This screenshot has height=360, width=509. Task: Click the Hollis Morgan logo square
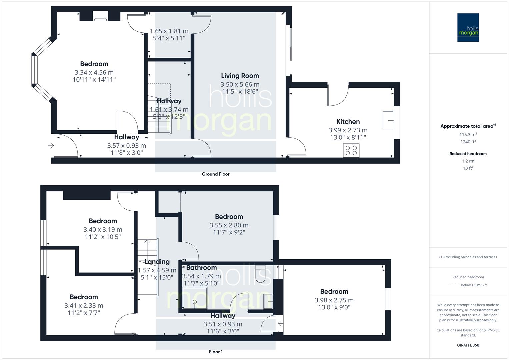pos(468,27)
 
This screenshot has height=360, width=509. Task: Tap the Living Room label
pos(240,76)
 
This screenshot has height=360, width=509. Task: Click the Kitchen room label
pos(348,122)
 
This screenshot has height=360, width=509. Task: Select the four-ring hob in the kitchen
pos(351,150)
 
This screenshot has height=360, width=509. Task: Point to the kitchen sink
pos(388,120)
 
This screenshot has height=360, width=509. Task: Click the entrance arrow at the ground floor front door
pos(51,146)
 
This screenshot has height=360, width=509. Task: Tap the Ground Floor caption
pos(216,174)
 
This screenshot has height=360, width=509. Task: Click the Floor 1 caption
pos(216,352)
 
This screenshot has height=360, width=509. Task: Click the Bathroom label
pos(201,268)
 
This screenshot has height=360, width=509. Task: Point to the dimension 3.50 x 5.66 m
pos(240,85)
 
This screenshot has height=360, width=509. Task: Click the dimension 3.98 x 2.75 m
pos(334,300)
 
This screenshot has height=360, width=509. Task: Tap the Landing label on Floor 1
pos(157,262)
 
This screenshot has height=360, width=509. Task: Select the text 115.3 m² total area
pos(468,135)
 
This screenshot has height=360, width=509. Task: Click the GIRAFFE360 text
pos(468,345)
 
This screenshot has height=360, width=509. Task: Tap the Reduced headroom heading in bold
pos(468,154)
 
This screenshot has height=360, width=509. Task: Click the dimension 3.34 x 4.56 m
pos(94,72)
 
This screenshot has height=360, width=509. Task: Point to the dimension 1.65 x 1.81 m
pos(169,31)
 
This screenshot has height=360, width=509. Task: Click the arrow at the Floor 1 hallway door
pos(280,323)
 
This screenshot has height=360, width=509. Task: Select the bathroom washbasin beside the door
pos(268,302)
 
